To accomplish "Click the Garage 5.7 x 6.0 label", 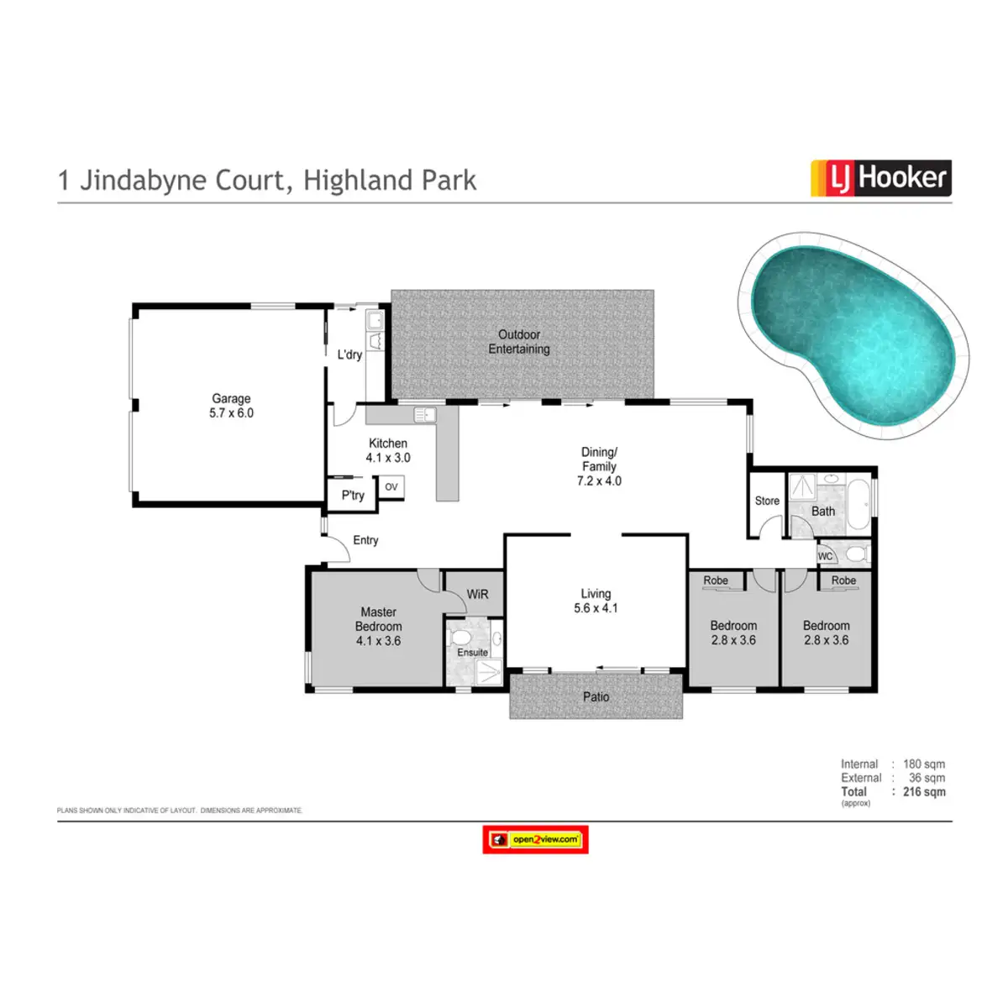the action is pos(231,406).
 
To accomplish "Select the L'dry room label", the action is pos(349,354).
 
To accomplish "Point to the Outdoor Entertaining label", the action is pos(519,342).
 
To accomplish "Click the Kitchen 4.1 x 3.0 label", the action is pos(388,450).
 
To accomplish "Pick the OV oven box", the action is pos(391,487).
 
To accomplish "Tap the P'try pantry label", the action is pos(353,496).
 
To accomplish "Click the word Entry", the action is pos(365,540).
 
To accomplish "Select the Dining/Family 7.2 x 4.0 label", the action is pos(599,466).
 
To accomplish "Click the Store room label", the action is pos(767,501).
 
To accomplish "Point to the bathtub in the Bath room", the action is pos(858,504).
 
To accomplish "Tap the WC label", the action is pos(825,556).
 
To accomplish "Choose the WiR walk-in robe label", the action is pos(477,594).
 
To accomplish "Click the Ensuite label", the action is pos(472,653).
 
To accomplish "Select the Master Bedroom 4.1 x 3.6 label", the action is pos(378,627).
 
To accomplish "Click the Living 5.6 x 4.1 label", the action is pos(596,601).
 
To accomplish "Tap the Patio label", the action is pos(596,696).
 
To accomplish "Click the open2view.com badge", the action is pos(535,839).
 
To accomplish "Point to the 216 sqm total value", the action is pos(924,791).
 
